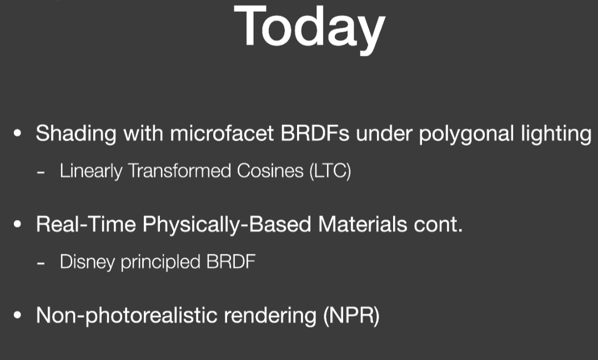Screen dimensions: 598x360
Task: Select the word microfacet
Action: pos(222,134)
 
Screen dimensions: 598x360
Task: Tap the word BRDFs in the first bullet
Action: pos(315,134)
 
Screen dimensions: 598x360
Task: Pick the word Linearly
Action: pos(91,171)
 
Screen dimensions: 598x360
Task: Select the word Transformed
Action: pos(179,170)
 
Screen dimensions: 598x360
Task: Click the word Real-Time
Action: pos(86,224)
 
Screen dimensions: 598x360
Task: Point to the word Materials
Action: pos(363,224)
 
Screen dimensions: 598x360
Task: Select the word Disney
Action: pos(87,262)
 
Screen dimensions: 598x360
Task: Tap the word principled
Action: pos(160,262)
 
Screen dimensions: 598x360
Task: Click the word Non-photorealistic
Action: pos(127,316)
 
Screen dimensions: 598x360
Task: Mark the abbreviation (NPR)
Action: pos(351,316)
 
